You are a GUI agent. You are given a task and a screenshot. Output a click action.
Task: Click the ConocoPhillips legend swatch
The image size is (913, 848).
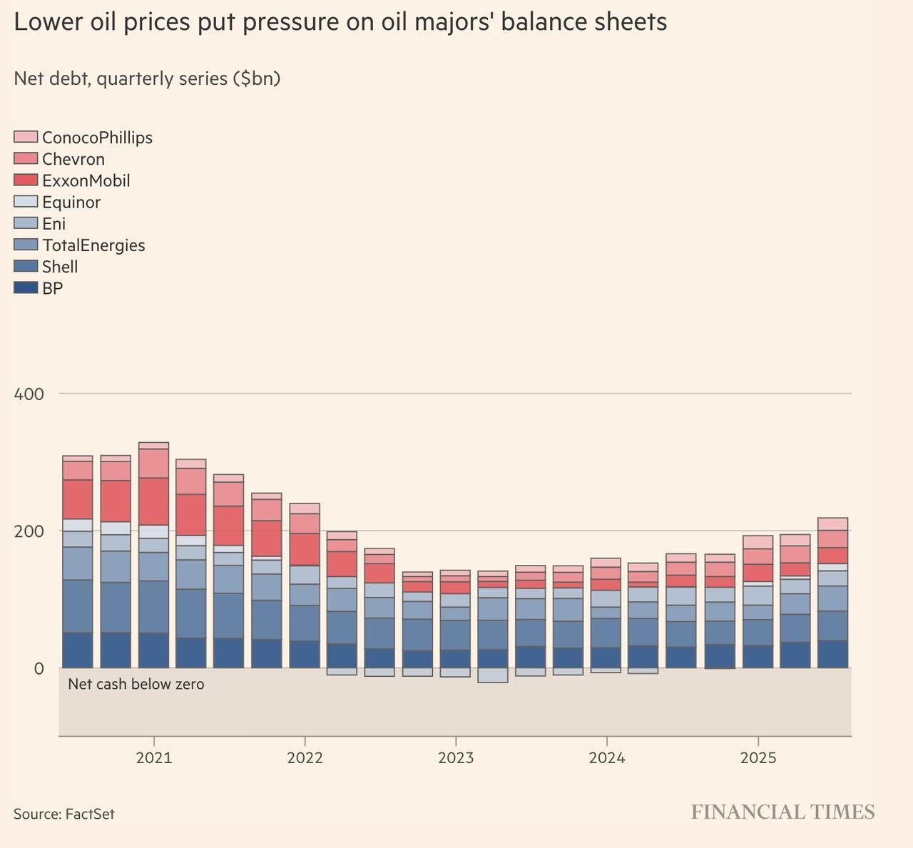[26, 137]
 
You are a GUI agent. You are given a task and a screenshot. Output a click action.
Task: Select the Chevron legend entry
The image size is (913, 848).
[73, 159]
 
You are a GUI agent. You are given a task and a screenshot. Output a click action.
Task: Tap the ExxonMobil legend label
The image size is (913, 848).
[86, 180]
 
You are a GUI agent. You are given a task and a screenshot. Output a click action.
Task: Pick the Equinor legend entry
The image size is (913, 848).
[71, 202]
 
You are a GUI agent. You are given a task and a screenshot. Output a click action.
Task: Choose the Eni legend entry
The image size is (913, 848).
[53, 223]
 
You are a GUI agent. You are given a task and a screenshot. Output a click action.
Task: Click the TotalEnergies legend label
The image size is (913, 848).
[93, 245]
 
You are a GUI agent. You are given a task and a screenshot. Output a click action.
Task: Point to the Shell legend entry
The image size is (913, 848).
[60, 267]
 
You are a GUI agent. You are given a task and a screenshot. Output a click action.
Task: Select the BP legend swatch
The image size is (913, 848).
[26, 288]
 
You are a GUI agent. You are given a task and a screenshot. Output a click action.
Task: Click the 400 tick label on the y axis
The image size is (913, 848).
[29, 394]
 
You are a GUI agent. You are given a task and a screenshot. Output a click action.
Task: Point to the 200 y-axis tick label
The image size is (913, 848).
[29, 531]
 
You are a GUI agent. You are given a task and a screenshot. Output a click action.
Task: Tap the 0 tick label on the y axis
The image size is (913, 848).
[39, 669]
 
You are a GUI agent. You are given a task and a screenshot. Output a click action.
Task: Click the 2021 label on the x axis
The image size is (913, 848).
[154, 757]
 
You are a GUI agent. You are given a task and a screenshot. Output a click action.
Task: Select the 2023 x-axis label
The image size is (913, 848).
[456, 757]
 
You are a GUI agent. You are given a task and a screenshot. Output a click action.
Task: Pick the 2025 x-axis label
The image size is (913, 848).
[758, 757]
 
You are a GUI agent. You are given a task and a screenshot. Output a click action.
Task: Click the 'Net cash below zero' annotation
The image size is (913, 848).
[136, 685]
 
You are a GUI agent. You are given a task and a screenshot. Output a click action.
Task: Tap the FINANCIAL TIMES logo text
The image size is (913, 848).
[782, 812]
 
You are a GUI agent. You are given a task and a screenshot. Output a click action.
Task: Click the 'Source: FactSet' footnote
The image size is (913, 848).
[64, 814]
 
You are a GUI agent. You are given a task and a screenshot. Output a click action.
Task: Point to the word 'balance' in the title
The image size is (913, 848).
[544, 22]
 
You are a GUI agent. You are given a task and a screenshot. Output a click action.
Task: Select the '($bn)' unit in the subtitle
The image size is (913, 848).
[257, 78]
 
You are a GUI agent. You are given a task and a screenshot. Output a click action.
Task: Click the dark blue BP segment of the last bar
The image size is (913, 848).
[832, 654]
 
